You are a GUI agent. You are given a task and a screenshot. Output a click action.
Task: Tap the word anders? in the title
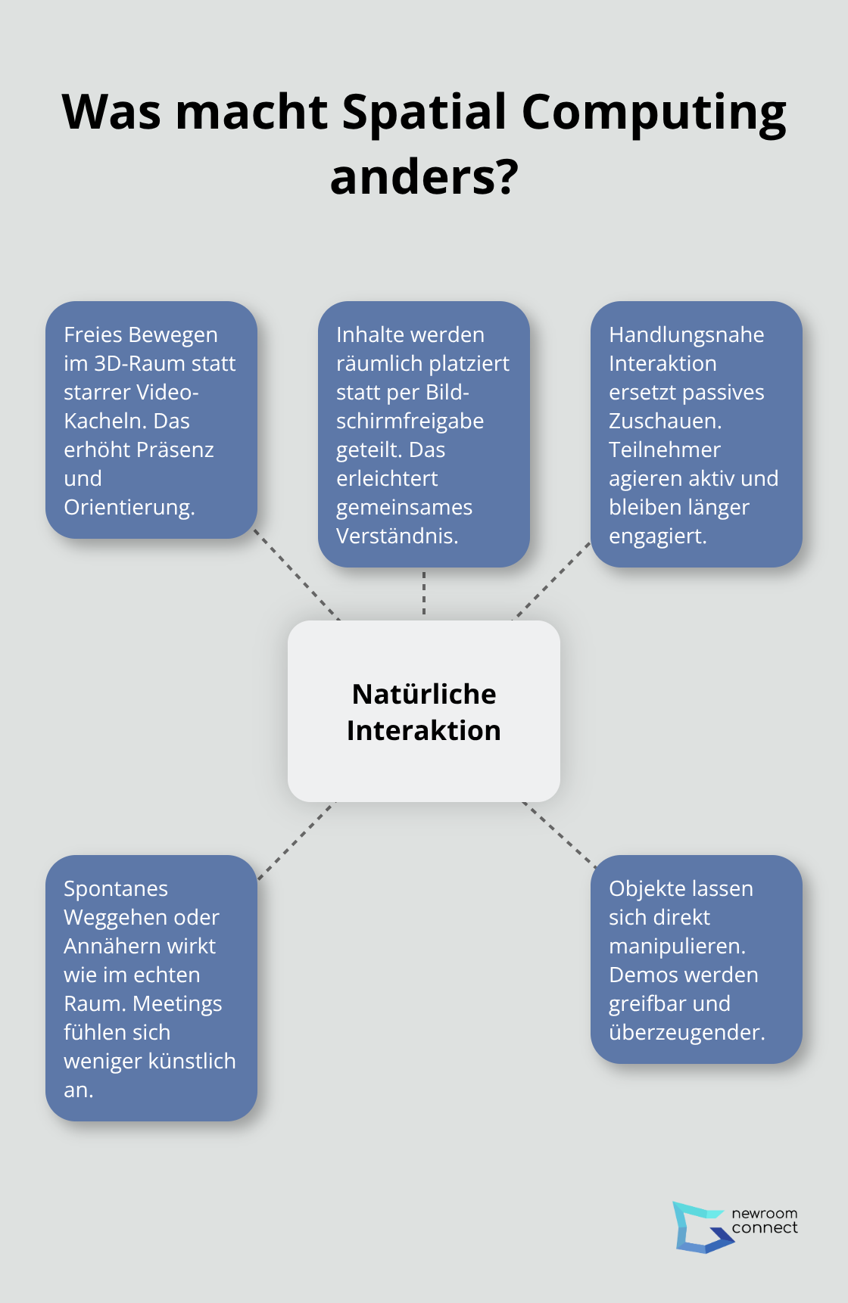tap(424, 178)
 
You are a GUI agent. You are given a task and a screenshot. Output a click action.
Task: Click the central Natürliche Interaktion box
tap(424, 711)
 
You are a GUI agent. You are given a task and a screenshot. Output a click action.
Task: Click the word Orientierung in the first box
tap(128, 508)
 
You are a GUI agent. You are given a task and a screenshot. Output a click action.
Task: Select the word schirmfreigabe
tap(410, 421)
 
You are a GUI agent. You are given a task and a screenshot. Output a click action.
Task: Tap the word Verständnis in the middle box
tap(395, 536)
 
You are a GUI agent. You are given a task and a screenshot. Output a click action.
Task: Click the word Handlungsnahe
tap(686, 335)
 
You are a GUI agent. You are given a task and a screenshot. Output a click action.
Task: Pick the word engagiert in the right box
tap(656, 536)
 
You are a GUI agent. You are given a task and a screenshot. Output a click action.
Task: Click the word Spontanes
tap(116, 889)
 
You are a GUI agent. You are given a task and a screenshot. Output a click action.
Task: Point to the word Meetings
tap(177, 1004)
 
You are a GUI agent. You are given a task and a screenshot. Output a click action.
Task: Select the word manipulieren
tap(675, 947)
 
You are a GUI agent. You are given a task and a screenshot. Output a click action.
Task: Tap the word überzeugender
tap(685, 1033)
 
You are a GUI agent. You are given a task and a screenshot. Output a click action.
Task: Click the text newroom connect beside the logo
tap(764, 1221)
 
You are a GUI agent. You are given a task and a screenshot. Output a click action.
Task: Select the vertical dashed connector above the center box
tap(424, 593)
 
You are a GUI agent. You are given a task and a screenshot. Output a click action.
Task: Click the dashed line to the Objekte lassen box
tap(559, 834)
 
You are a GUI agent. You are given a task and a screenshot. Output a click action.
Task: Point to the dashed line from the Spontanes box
tap(296, 841)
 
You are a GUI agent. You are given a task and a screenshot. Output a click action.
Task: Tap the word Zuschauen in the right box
tap(663, 421)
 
